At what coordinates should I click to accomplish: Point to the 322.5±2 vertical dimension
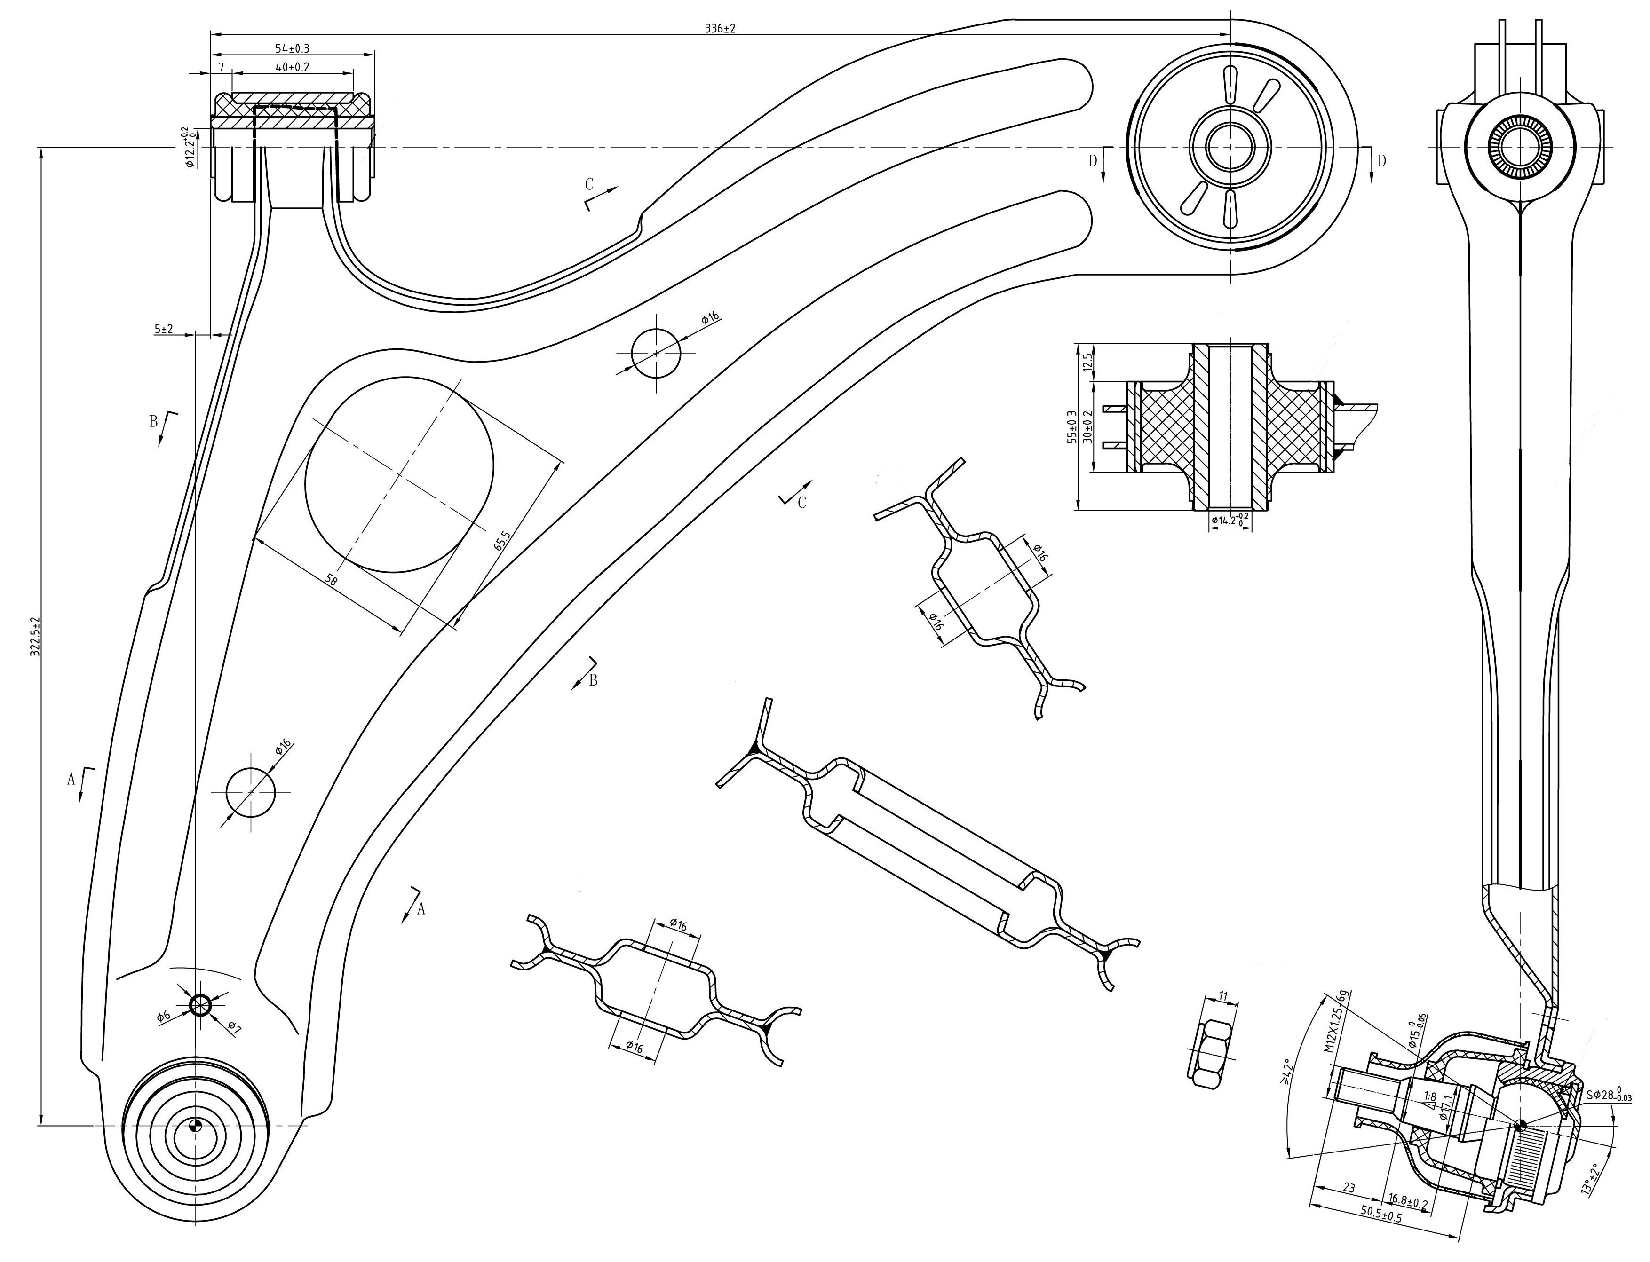pos(34,638)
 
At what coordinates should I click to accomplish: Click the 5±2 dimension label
pos(164,329)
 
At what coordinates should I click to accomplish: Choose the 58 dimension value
pos(331,579)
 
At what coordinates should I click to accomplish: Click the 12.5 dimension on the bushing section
pos(1087,363)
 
